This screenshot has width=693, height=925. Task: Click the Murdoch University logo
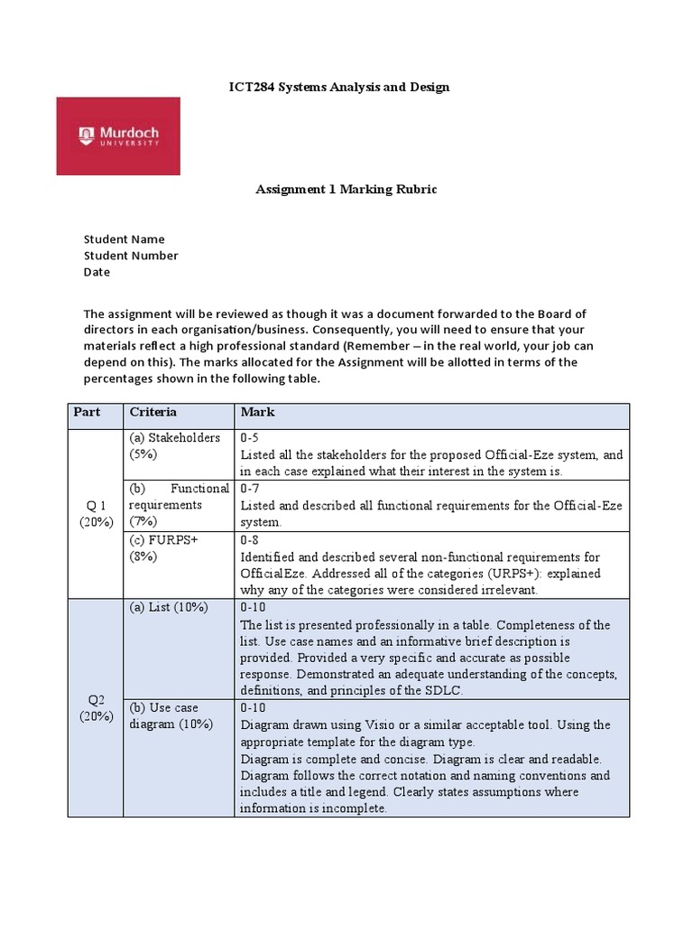(x=118, y=136)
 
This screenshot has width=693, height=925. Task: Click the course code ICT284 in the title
(x=247, y=87)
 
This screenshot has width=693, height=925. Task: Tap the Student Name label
(x=124, y=239)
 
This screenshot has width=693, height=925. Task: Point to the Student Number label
(x=131, y=256)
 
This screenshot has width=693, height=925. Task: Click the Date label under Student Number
(x=97, y=272)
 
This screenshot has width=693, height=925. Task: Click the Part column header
(x=87, y=412)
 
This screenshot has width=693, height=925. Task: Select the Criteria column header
(x=152, y=412)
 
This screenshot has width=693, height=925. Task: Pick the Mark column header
(x=257, y=412)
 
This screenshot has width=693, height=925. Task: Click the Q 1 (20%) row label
(x=96, y=511)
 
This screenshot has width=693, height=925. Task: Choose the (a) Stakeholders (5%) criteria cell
(x=174, y=445)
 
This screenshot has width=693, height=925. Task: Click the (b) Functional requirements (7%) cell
(x=179, y=505)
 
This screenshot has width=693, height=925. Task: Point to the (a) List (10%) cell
(x=169, y=607)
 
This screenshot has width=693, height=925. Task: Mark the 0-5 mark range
(x=250, y=438)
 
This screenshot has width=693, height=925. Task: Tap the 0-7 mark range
(x=250, y=489)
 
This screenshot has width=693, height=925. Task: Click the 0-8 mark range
(x=250, y=540)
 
